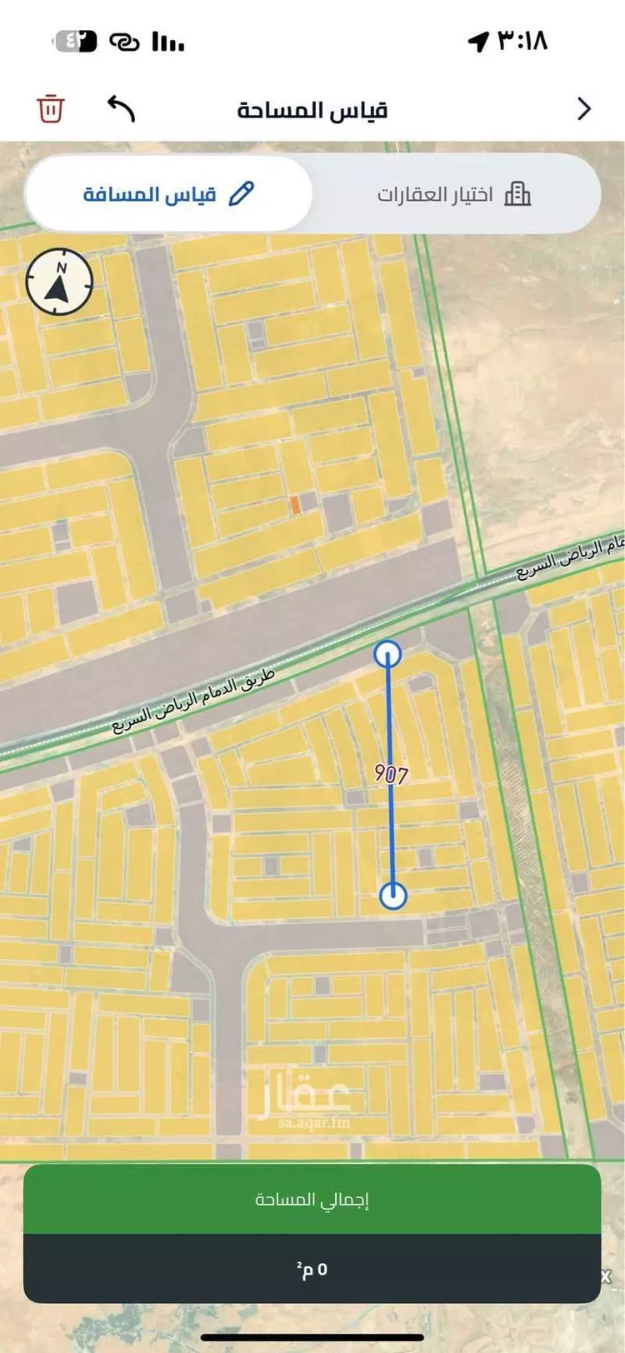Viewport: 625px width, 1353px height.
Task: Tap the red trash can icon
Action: (51, 109)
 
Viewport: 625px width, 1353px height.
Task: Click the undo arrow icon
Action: (121, 108)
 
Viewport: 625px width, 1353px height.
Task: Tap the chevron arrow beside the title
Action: (584, 109)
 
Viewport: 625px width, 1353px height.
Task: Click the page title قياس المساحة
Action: (312, 110)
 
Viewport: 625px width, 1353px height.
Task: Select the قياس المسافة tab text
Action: (150, 194)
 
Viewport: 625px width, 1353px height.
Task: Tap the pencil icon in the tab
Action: (241, 194)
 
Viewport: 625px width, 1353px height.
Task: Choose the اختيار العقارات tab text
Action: (435, 195)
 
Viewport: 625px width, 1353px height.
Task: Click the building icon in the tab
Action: (517, 194)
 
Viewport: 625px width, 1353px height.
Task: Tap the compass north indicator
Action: (59, 282)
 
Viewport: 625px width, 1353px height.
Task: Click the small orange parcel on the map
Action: (294, 505)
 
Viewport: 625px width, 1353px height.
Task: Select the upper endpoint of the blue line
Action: (387, 654)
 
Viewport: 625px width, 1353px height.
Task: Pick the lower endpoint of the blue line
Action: (393, 896)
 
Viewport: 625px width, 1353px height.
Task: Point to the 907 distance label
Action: (391, 774)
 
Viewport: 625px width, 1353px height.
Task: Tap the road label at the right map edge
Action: (571, 559)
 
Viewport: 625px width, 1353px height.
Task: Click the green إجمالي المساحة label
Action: (312, 1200)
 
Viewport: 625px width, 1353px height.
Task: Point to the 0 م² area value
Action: (312, 1270)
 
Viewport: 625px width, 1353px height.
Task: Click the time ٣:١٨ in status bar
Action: (522, 40)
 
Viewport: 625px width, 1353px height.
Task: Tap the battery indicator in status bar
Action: (76, 41)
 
